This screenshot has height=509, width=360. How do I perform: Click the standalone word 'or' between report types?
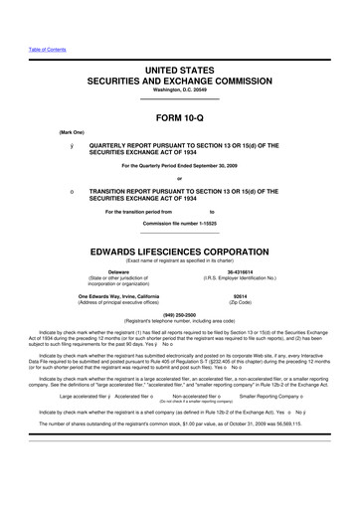[x=179, y=178]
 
